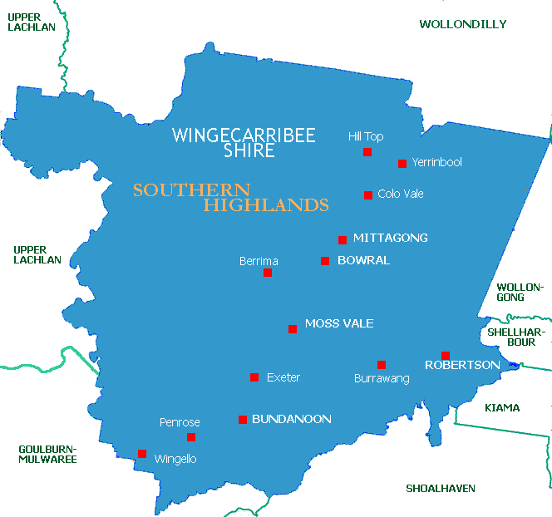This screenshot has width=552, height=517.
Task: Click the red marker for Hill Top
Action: coord(367,152)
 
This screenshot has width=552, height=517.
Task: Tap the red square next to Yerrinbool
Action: coord(402,164)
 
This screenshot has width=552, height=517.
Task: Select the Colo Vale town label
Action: coord(400,194)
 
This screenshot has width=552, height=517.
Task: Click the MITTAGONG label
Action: coord(390,238)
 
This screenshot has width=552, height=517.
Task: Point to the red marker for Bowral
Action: coord(325,261)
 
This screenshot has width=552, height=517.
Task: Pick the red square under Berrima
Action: coord(268,273)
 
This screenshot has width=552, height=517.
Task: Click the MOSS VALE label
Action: coord(339,323)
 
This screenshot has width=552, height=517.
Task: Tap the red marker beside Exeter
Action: coord(254,377)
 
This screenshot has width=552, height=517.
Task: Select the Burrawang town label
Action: coord(382,378)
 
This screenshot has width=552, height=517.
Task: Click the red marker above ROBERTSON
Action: coord(446,356)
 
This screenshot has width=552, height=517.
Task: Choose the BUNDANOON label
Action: coord(291,419)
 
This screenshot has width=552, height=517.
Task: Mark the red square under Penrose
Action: coord(191,437)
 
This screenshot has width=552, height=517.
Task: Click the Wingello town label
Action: coord(175,459)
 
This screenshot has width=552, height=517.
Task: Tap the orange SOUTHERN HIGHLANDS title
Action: coord(230,197)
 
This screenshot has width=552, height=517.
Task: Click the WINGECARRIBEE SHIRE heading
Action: coord(244,143)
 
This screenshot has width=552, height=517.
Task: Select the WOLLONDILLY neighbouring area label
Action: coord(462,24)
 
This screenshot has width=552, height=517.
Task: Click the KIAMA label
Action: coord(502,407)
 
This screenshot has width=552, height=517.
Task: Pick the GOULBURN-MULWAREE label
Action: coord(47,454)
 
